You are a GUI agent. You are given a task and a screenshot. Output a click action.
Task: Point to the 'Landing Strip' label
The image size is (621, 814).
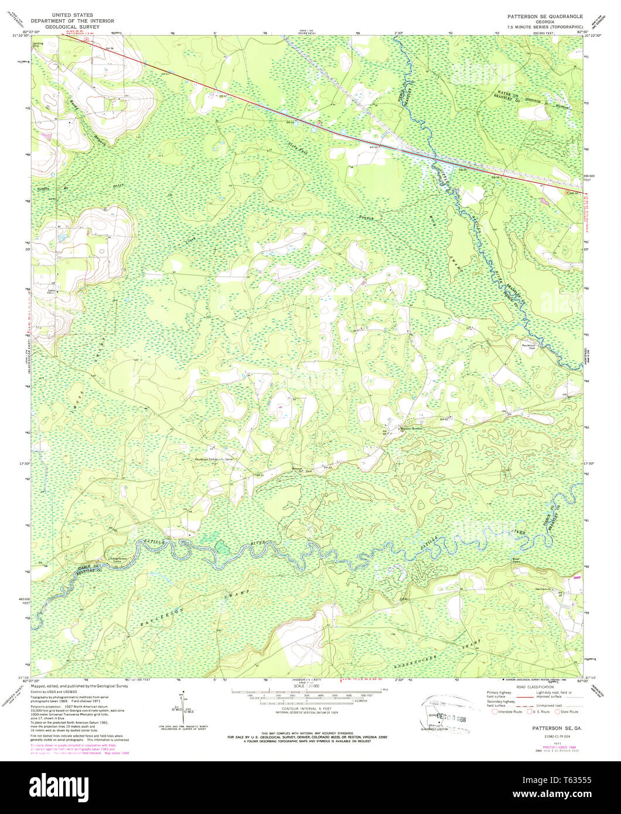click(38, 45)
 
